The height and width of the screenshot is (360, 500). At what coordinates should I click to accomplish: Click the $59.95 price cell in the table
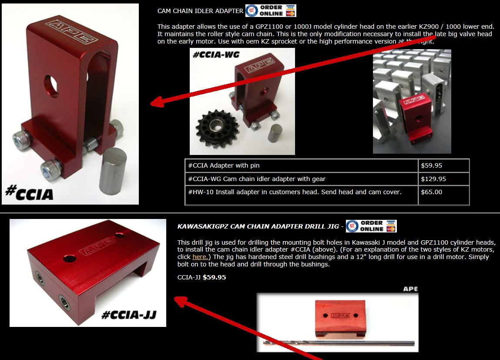tap(443, 165)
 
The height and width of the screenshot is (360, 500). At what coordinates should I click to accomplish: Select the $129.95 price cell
tap(443, 179)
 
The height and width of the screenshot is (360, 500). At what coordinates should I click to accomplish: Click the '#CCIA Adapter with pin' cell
tap(301, 165)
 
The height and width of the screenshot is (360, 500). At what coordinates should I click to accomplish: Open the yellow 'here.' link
tap(200, 257)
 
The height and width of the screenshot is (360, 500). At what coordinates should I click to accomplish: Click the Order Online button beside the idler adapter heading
tap(271, 10)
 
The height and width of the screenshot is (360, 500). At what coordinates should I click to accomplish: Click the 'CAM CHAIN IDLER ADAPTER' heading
tap(200, 11)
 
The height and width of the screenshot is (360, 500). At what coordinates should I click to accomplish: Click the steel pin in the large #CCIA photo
tap(112, 171)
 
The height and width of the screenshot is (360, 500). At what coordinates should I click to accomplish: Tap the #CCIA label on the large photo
tap(29, 192)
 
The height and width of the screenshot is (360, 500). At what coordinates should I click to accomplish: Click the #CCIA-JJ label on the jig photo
tap(128, 315)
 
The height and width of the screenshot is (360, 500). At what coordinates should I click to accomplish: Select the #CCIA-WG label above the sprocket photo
tap(216, 55)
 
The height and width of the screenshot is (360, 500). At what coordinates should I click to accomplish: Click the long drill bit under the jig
tap(339, 343)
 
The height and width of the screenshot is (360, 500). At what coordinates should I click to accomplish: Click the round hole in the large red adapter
tap(51, 86)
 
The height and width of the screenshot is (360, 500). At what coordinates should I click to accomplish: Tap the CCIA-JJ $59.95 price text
tap(201, 277)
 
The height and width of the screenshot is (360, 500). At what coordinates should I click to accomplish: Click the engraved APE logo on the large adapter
tap(72, 32)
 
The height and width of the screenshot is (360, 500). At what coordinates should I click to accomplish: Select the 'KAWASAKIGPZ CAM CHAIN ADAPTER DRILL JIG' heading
tap(258, 226)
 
